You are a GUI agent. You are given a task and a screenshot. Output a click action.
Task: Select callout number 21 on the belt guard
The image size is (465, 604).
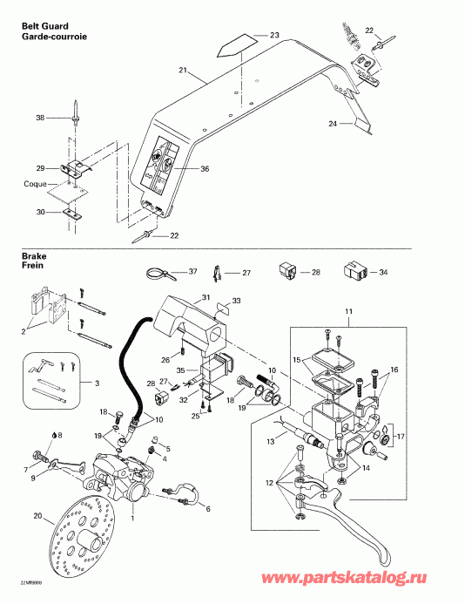[183, 70]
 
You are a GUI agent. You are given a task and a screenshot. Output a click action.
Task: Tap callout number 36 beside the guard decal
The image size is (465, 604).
[206, 169]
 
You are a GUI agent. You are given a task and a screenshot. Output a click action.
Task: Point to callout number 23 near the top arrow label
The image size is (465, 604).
[274, 35]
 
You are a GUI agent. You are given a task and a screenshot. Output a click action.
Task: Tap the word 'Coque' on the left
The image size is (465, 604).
[36, 185]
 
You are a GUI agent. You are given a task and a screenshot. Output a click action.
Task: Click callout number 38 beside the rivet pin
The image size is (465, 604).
[39, 118]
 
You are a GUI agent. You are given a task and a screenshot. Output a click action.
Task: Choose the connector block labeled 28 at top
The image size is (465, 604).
[287, 269]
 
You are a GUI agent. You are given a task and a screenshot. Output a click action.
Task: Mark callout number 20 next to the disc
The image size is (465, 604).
[37, 515]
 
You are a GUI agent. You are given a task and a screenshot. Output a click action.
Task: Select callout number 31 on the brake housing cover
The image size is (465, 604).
[206, 297]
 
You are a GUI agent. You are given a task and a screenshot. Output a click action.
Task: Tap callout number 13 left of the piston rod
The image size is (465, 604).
[269, 441]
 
